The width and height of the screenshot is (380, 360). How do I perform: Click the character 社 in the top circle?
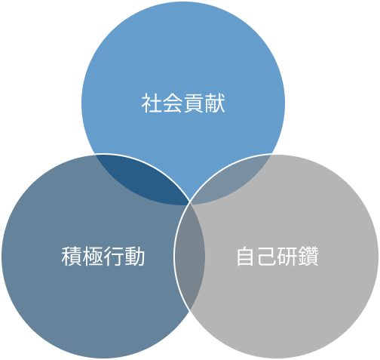[x=152, y=103]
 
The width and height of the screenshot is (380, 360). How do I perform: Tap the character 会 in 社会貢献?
[x=173, y=103]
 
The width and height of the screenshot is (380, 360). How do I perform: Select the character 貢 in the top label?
[x=194, y=103]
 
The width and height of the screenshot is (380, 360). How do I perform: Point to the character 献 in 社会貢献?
[x=215, y=103]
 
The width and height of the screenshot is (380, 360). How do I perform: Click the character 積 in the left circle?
[x=72, y=257]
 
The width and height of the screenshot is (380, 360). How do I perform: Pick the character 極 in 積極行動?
[x=93, y=257]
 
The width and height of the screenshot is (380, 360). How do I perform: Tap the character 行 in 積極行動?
[x=114, y=257]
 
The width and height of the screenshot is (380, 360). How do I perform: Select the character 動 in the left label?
[x=135, y=257]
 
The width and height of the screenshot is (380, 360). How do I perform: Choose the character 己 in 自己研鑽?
[x=267, y=257]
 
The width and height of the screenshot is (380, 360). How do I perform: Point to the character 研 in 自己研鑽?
[x=287, y=257]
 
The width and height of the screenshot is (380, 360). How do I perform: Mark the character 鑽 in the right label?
[x=308, y=257]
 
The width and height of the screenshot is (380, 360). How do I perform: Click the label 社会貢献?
[x=183, y=103]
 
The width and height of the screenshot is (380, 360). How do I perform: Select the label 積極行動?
[x=103, y=257]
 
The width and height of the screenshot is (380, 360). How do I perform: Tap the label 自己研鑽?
[x=277, y=257]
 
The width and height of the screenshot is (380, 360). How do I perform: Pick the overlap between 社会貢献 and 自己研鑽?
[x=232, y=180]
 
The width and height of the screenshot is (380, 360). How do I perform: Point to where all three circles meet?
[x=190, y=202]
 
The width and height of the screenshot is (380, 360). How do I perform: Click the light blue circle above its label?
[x=183, y=51]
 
